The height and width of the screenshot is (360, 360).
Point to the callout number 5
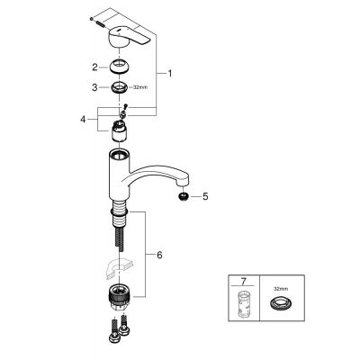pyautogui.click(x=204, y=194)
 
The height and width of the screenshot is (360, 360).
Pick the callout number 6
pyautogui.click(x=160, y=256)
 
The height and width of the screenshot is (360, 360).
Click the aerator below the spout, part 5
pyautogui.click(x=184, y=194)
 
